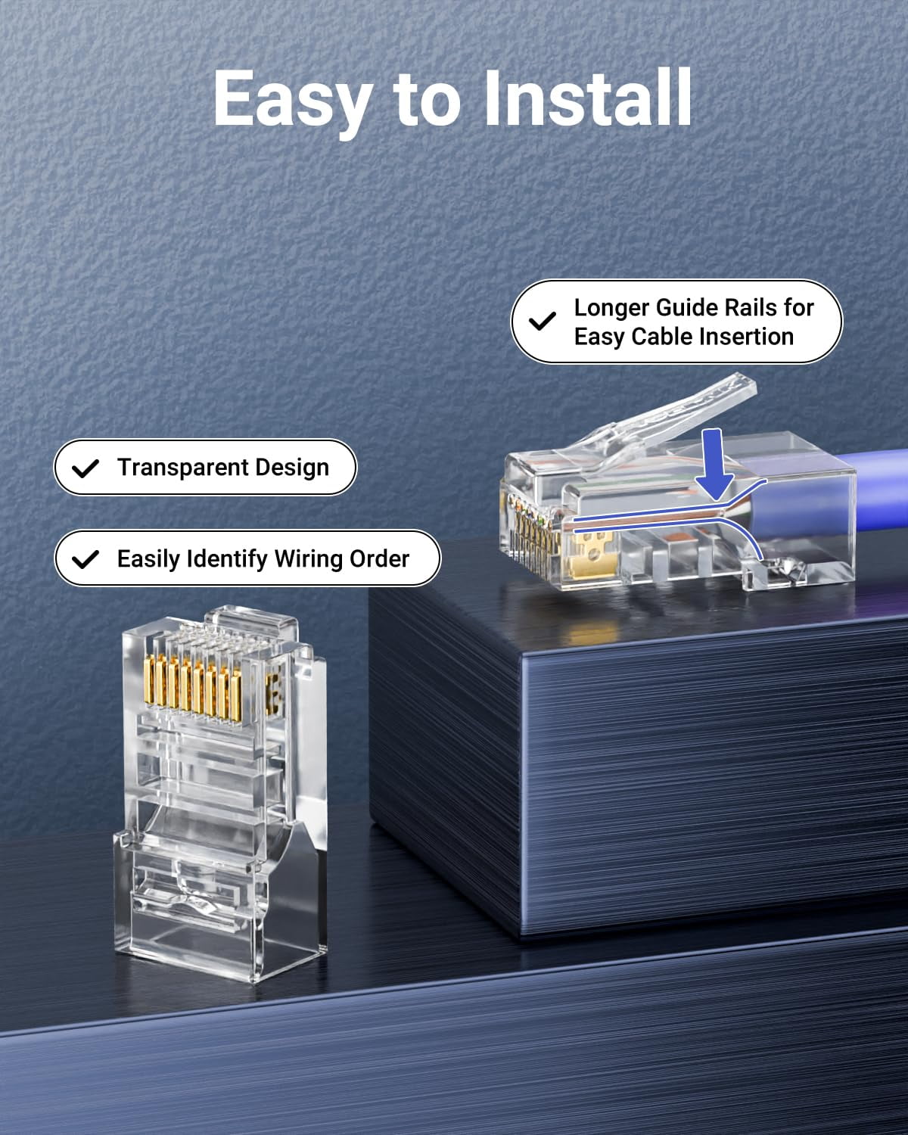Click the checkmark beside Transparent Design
click(x=86, y=468)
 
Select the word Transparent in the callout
click(x=179, y=468)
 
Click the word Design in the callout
click(x=291, y=468)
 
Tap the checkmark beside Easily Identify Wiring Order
click(x=86, y=559)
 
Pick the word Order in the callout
click(x=380, y=558)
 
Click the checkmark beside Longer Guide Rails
click(x=542, y=322)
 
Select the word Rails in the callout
click(x=746, y=308)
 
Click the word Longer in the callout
click(x=611, y=308)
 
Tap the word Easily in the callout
click(x=148, y=558)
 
